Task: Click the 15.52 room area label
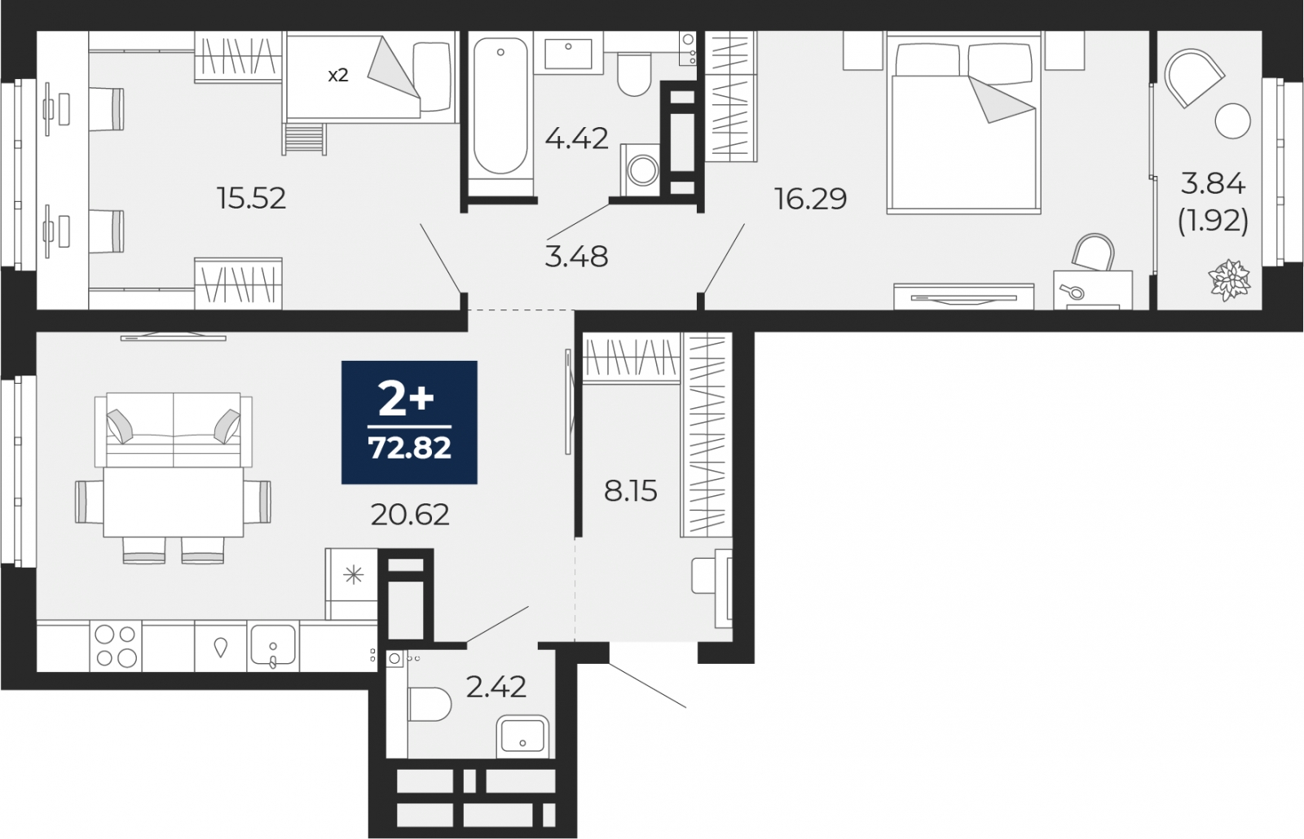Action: click(252, 198)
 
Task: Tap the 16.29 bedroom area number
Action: click(811, 198)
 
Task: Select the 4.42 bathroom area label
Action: click(577, 138)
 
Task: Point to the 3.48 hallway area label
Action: click(576, 257)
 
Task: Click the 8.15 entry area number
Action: click(630, 491)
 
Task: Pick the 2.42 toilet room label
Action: click(496, 687)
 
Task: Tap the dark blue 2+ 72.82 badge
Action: click(409, 422)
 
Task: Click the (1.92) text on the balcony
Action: click(1213, 220)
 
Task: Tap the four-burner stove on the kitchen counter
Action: click(116, 645)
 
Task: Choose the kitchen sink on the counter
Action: click(272, 647)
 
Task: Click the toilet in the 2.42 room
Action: click(429, 704)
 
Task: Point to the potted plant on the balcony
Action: click(1229, 280)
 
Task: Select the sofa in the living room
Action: click(174, 429)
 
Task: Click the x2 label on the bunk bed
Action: click(337, 75)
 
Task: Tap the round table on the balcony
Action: click(1231, 121)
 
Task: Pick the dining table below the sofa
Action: click(173, 501)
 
